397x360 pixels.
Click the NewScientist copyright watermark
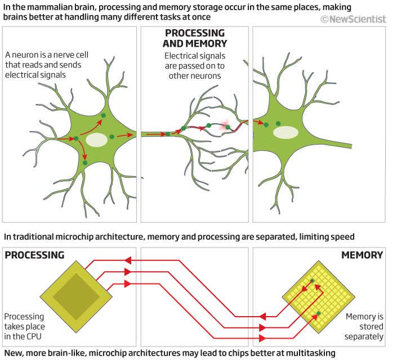[354, 19]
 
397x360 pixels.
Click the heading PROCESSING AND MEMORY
[194, 38]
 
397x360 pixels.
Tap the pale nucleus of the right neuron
[286, 133]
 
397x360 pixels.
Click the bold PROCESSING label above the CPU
[34, 255]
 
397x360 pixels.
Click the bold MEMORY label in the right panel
[362, 255]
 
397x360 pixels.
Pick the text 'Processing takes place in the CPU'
[24, 326]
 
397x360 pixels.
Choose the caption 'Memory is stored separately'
[364, 326]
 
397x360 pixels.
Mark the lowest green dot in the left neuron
[85, 163]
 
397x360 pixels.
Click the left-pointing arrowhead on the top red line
[128, 260]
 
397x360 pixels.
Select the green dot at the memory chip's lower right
[319, 313]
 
